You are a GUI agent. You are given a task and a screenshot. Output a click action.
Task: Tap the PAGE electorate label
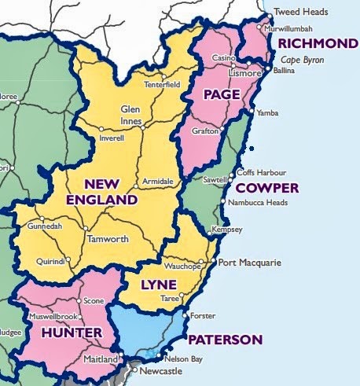click(221, 95)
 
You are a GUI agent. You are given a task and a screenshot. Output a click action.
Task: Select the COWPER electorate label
click(267, 189)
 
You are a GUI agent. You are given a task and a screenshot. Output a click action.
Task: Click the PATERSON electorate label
click(226, 340)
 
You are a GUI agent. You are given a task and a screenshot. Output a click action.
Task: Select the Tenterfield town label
click(162, 84)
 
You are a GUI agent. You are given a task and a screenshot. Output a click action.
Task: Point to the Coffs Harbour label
click(263, 173)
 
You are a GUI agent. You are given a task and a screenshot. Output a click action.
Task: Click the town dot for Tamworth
click(85, 229)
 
